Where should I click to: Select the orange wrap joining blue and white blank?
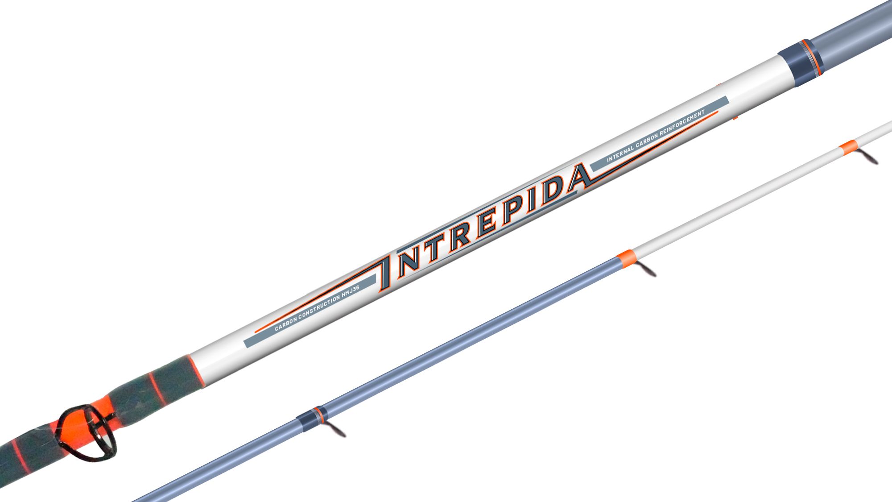coord(626,259)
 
